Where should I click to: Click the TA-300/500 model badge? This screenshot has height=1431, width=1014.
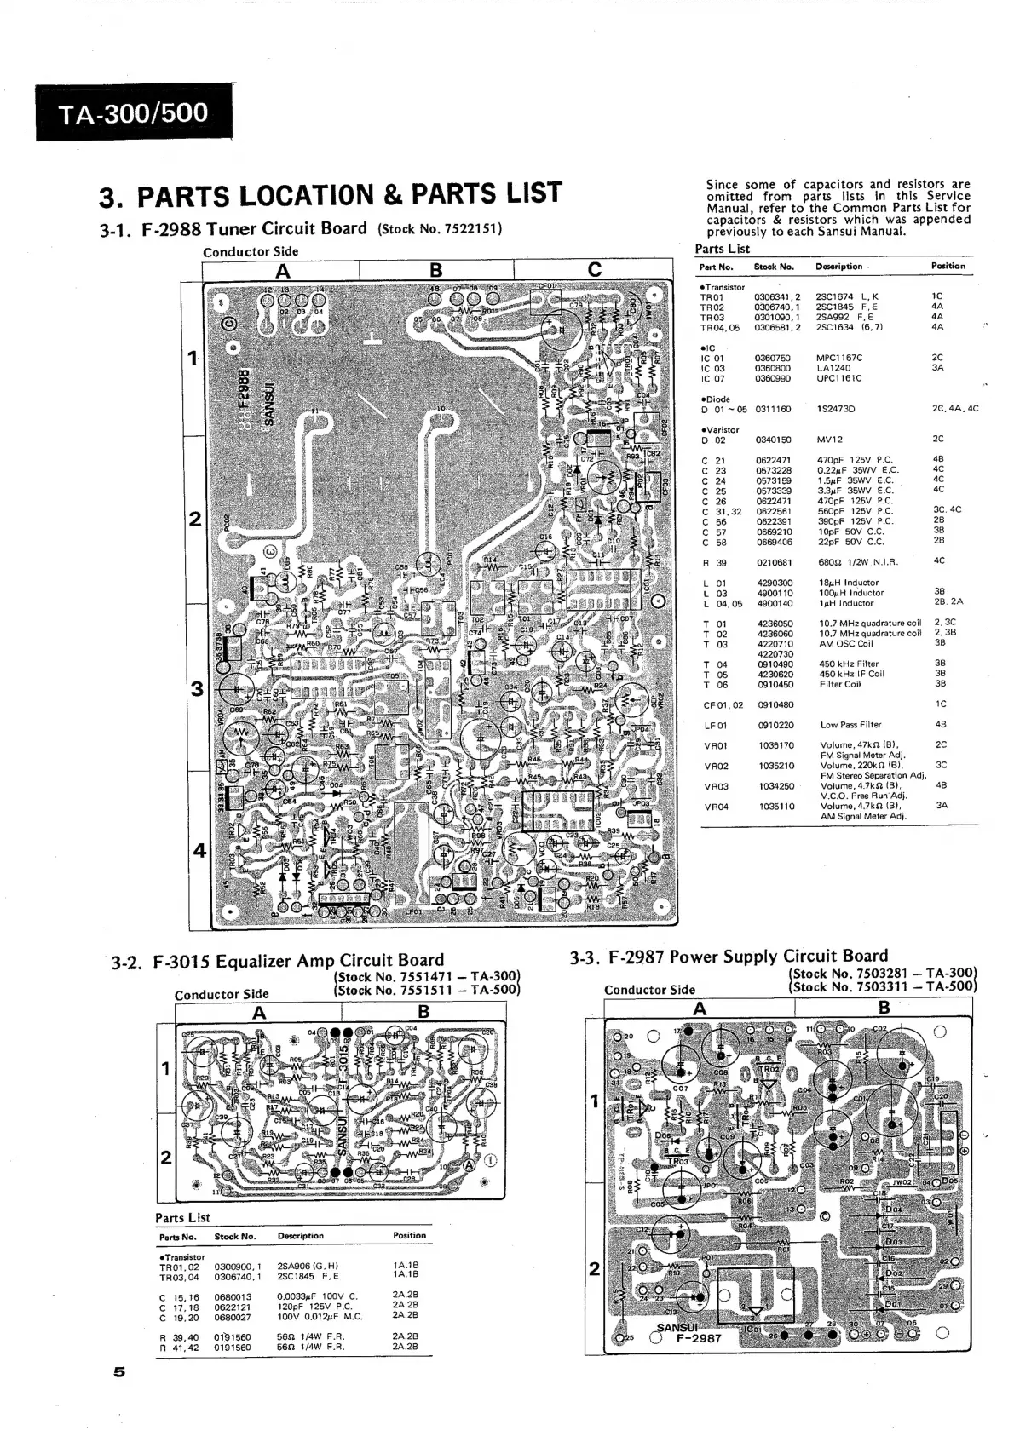point(134,113)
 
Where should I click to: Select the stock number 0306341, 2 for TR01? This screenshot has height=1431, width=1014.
point(776,296)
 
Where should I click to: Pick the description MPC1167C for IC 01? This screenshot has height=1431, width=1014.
point(839,358)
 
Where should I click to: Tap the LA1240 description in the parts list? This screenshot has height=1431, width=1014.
point(833,368)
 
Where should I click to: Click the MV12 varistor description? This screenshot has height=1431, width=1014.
point(829,440)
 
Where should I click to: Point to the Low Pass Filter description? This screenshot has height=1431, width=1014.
point(850,725)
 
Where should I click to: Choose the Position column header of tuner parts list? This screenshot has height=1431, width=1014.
point(948,266)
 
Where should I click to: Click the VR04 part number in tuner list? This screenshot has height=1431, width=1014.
point(716,807)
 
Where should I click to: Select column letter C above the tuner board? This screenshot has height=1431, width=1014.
point(595,270)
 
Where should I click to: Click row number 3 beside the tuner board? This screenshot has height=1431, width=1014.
point(197,688)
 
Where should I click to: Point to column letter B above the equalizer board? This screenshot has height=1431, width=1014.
point(423,1012)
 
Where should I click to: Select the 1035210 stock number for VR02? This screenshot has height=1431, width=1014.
point(775,766)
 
